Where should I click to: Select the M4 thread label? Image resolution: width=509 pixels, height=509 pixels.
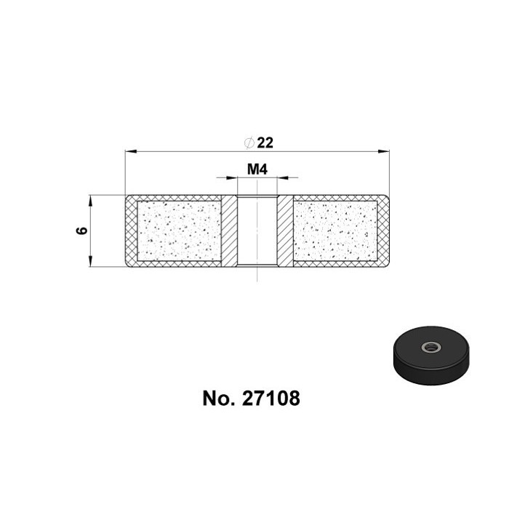click(257, 169)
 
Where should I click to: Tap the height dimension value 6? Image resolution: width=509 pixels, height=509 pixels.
click(81, 231)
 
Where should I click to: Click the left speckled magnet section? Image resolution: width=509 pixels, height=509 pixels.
click(179, 231)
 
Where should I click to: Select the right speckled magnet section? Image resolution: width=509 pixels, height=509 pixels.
click(336, 231)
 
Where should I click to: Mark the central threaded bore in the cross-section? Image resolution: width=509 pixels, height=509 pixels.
click(257, 231)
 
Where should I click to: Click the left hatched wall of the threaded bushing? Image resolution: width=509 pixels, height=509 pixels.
click(229, 231)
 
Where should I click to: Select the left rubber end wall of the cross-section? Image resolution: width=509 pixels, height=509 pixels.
click(131, 231)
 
